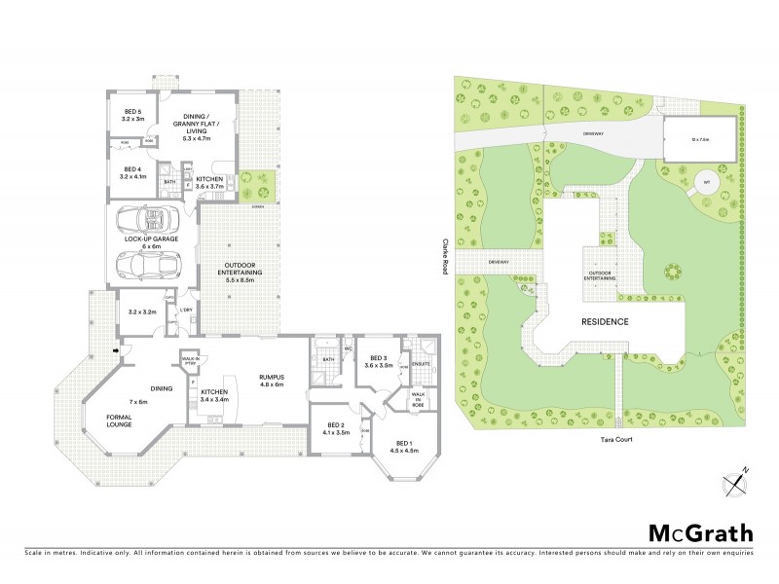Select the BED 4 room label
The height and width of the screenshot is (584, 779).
tap(132, 174)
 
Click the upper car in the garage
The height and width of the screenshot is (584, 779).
tap(145, 217)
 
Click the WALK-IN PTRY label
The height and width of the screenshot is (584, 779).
tap(191, 361)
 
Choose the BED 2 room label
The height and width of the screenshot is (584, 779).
tap(336, 429)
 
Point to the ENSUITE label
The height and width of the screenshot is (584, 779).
tap(421, 363)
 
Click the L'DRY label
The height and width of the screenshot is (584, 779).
tap(186, 310)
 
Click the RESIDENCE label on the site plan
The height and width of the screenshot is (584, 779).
tap(605, 321)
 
